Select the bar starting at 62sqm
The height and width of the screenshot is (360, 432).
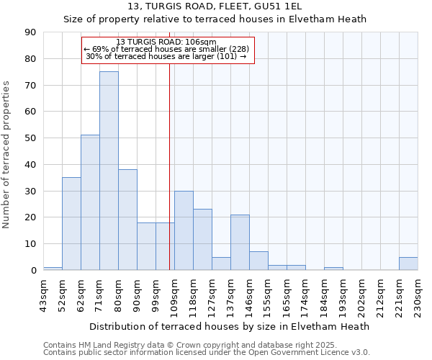pos(90,202)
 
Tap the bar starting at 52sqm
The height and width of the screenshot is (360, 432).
pos(71,223)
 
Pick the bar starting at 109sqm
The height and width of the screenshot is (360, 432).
pos(184,230)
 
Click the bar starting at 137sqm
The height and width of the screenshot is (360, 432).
pos(240,242)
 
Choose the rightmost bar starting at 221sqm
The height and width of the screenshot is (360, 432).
pos(408,264)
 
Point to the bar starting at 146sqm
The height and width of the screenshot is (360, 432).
pos(258,261)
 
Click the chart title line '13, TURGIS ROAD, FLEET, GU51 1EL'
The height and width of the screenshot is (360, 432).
pos(215,6)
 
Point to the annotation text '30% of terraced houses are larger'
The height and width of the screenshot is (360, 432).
pos(166,56)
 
